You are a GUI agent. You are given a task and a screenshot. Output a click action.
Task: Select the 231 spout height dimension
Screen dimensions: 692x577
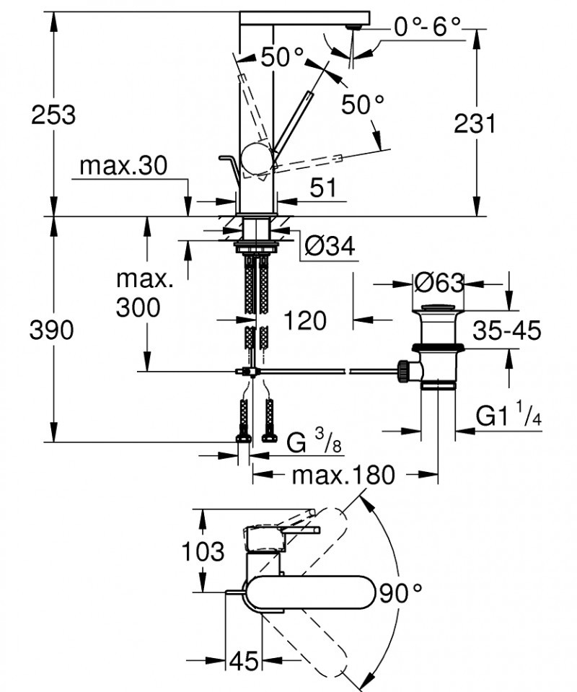[x=475, y=123]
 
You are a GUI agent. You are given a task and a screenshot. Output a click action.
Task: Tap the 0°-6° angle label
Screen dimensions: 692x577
[x=427, y=27]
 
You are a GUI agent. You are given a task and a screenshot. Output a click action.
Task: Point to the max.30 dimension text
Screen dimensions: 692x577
[x=123, y=166]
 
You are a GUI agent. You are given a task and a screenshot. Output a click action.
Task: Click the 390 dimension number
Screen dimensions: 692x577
[x=52, y=330]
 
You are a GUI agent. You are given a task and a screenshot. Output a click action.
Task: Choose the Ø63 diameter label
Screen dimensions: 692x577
[x=439, y=283]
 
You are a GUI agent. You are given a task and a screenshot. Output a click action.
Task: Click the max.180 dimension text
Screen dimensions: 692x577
[x=344, y=475]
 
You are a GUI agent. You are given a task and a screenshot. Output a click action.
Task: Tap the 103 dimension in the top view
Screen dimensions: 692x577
[x=203, y=552]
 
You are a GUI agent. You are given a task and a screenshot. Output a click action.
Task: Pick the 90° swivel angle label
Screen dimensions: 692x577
[x=400, y=594]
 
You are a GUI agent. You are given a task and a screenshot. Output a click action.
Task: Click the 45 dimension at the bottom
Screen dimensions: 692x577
[x=245, y=661]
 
